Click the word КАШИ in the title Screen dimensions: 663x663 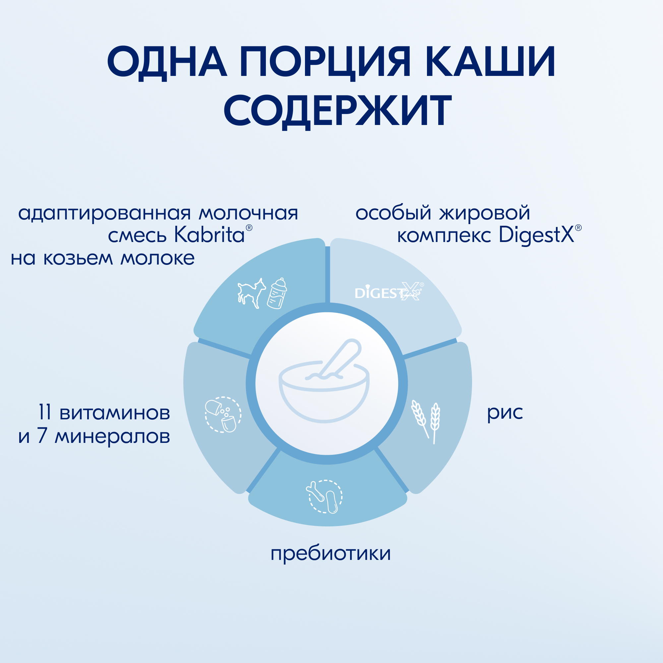pos(490,61)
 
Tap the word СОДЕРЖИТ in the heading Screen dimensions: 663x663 pos(337,111)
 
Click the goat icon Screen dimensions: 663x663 pos(252,293)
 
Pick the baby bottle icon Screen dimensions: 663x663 pos(277,293)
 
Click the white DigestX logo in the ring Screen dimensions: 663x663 pos(389,292)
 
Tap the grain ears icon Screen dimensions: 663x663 pos(426,422)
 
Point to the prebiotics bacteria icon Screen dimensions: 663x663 pos(324,497)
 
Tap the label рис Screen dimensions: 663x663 pos(505,413)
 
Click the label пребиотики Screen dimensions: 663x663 pos(331,553)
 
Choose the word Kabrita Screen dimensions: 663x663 pos(209,235)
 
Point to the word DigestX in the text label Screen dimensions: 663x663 pos(536,235)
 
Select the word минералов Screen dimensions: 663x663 pos(113,437)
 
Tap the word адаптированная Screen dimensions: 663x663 pos(104,213)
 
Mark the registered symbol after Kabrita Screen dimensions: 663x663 pos(249,227)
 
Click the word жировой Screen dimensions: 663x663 pos(485,213)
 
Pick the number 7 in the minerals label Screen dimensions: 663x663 pos(42,436)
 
